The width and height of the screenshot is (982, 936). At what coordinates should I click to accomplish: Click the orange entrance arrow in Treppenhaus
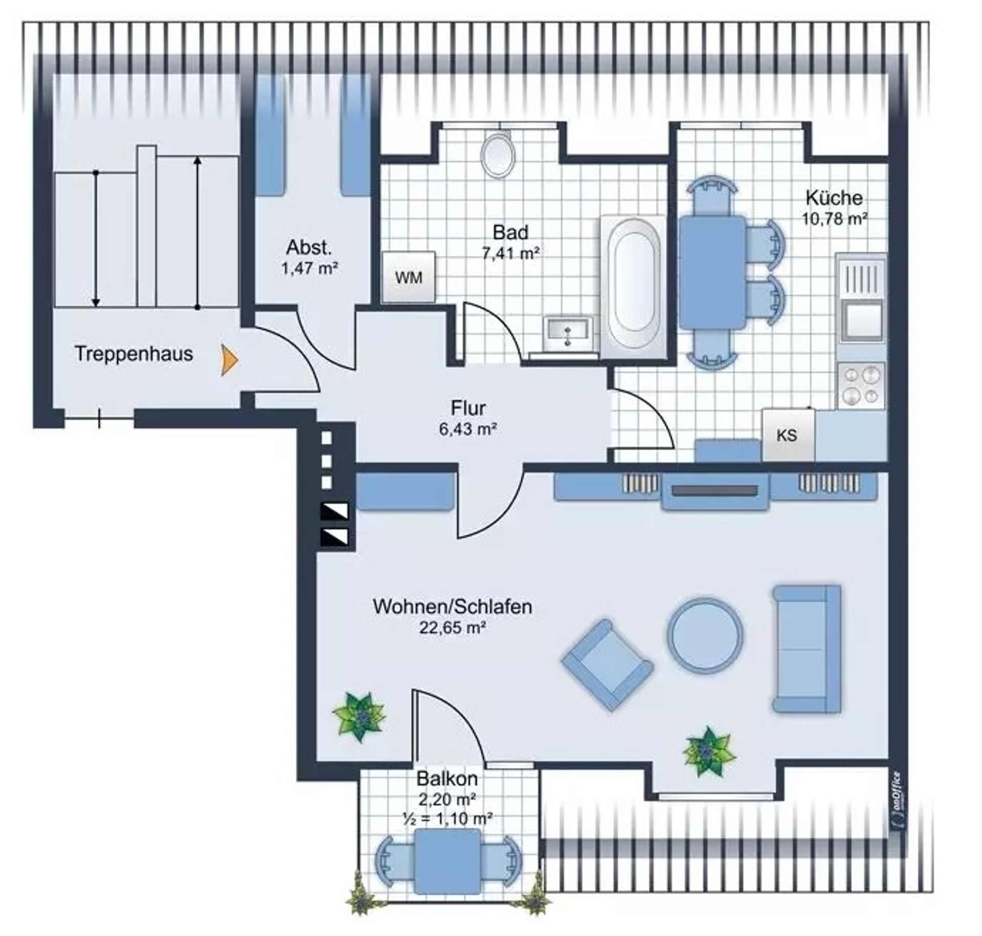tap(229, 360)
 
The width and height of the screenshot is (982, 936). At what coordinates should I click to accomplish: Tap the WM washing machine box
tap(409, 277)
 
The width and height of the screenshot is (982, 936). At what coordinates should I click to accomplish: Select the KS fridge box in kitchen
tap(788, 435)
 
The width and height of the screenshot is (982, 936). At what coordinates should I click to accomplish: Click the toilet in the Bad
tap(498, 155)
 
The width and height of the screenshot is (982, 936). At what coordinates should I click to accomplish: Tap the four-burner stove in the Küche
tap(861, 385)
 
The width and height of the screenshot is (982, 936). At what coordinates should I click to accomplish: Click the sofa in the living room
tap(807, 649)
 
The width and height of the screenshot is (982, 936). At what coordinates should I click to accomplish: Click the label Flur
tap(468, 408)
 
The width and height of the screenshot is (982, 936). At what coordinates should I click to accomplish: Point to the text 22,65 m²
tap(453, 628)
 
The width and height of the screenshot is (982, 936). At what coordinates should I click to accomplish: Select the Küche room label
tap(834, 197)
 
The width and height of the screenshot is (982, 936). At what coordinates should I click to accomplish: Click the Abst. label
tap(309, 247)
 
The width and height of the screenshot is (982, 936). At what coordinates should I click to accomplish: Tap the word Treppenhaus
tap(134, 354)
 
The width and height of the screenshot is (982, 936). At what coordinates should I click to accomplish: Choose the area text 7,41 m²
tap(510, 252)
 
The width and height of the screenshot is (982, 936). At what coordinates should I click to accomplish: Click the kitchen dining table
tap(712, 272)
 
